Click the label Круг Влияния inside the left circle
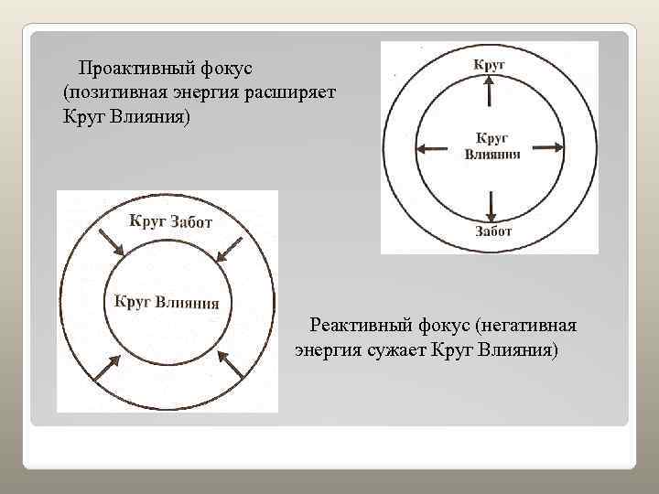(x=167, y=302)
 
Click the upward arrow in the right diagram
(x=490, y=91)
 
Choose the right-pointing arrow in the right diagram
(x=546, y=147)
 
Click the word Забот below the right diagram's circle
(x=493, y=231)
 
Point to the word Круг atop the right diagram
(x=490, y=64)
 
